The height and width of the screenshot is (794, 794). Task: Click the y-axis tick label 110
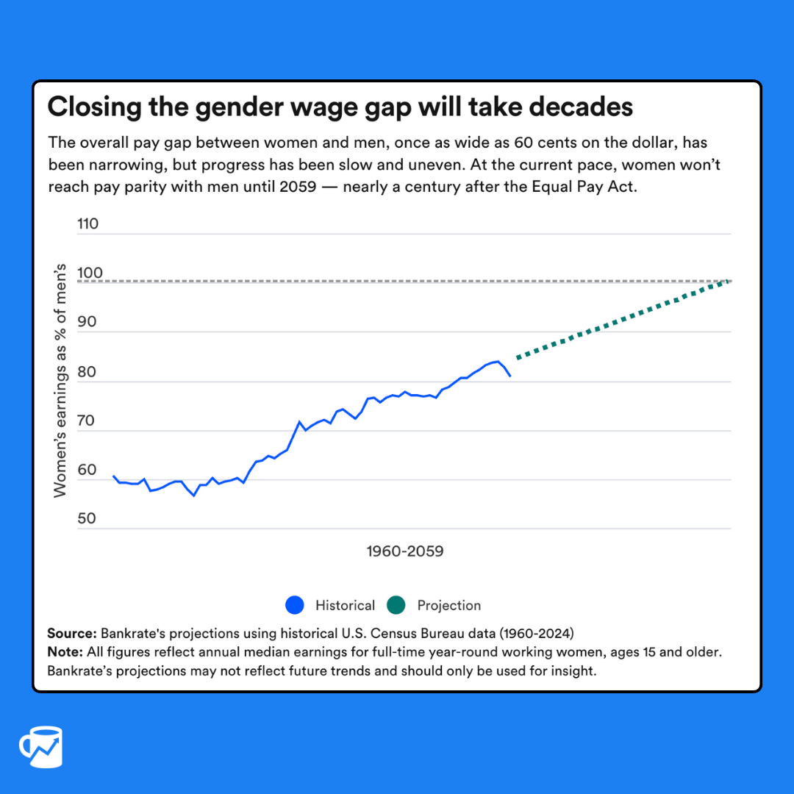(87, 223)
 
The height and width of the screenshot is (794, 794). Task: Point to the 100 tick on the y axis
(87, 273)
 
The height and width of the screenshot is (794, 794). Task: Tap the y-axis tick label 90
(87, 322)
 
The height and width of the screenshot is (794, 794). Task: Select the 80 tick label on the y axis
(87, 371)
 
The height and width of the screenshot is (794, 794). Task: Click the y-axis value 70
(87, 421)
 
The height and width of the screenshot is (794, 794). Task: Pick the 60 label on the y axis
(87, 470)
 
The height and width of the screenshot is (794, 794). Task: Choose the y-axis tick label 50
(87, 518)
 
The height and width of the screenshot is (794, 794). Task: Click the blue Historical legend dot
(294, 605)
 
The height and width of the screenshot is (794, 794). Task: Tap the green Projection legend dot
(396, 605)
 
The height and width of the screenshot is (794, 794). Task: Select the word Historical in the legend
(345, 605)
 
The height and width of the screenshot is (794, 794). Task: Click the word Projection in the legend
(448, 605)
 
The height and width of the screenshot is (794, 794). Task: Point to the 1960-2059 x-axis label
(405, 551)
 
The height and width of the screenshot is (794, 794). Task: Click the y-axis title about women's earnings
(60, 380)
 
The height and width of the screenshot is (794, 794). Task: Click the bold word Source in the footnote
(71, 633)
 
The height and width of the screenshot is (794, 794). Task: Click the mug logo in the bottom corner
(41, 748)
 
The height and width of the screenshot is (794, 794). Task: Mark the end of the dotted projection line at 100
(728, 281)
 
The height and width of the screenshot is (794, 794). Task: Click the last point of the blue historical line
(510, 376)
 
